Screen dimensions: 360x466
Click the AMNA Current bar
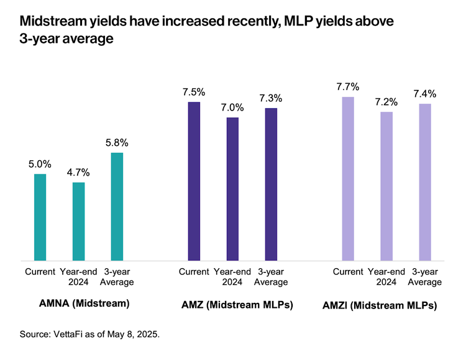(40, 217)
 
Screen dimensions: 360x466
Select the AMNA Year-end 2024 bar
(78, 222)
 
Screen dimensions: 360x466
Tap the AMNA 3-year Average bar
(117, 207)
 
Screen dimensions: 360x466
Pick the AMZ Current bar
(194, 181)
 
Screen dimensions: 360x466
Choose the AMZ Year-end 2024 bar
(232, 189)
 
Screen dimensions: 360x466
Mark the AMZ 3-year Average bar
(271, 184)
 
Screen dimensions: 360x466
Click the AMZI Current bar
(348, 179)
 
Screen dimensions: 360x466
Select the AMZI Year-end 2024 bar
(386, 186)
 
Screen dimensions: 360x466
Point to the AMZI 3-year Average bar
(425, 182)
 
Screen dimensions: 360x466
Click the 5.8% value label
(117, 143)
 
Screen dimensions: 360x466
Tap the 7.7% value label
(348, 87)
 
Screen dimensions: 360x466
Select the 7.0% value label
(232, 107)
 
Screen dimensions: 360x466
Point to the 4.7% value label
(78, 173)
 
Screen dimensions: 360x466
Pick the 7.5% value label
(194, 92)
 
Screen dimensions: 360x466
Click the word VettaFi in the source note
(73, 335)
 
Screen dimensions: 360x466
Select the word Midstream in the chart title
(53, 22)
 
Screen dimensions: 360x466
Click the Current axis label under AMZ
(194, 272)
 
